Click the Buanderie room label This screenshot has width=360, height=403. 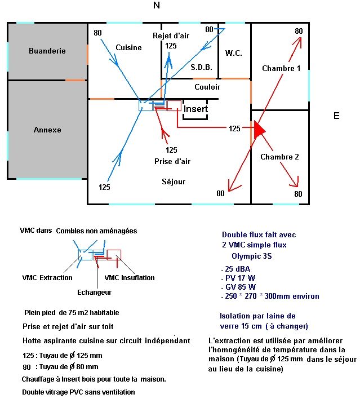[47, 51]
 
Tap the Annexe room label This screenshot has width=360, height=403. [47, 130]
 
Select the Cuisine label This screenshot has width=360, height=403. [128, 47]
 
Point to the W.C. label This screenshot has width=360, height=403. [234, 53]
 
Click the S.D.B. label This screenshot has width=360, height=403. [201, 67]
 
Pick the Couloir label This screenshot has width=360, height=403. [207, 87]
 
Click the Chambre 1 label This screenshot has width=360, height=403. [281, 68]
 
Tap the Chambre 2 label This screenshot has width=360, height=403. [279, 157]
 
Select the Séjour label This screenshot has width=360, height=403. [174, 181]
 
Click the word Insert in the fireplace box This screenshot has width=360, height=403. [195, 109]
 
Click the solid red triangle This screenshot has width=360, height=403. [259, 130]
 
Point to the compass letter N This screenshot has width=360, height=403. [157, 5]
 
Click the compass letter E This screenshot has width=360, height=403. [336, 116]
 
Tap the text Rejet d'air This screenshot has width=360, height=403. [171, 36]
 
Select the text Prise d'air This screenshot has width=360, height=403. [172, 161]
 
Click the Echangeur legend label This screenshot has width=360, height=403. [94, 293]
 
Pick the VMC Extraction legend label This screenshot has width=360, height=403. [47, 277]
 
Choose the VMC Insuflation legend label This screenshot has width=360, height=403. [130, 277]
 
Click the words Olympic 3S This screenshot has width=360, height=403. [252, 256]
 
